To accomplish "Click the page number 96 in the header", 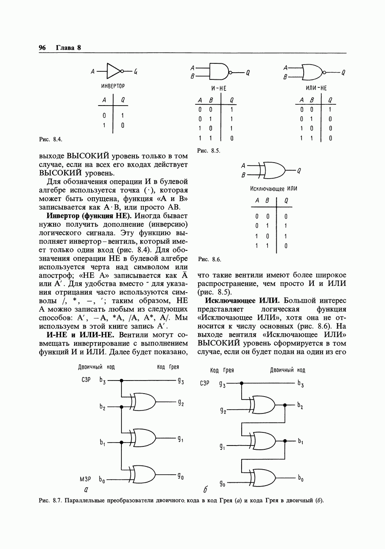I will [x=42, y=48].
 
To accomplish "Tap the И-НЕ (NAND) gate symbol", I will [x=219, y=72].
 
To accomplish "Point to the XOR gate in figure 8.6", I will [x=272, y=170].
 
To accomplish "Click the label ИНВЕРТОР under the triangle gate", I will [x=113, y=87].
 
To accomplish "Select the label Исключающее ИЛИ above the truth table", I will [x=273, y=188].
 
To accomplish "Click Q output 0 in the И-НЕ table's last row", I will [x=232, y=138].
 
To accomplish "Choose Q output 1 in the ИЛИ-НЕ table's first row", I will [x=330, y=109].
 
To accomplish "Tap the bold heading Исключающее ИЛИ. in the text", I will [x=242, y=301].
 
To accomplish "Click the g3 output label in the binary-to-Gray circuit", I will [x=180, y=381].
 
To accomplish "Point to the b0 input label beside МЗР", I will [x=102, y=480].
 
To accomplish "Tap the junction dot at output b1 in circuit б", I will [x=285, y=441].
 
